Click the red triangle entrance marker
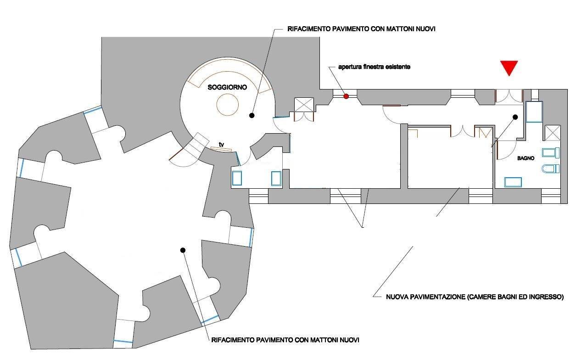coord(509,67)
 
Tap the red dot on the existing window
coord(347,96)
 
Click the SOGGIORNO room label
coord(227,87)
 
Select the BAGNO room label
coord(526,158)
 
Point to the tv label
coord(222,145)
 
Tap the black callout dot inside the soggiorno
coord(252,115)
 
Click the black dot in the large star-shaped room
coord(183,250)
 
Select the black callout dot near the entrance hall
coord(515,117)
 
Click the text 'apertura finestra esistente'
coord(374,67)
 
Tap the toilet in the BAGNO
coord(550,169)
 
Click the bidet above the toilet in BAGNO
coord(551,152)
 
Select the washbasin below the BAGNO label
coord(514,182)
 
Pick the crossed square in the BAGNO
coord(552,133)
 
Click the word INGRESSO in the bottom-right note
coord(544,297)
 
